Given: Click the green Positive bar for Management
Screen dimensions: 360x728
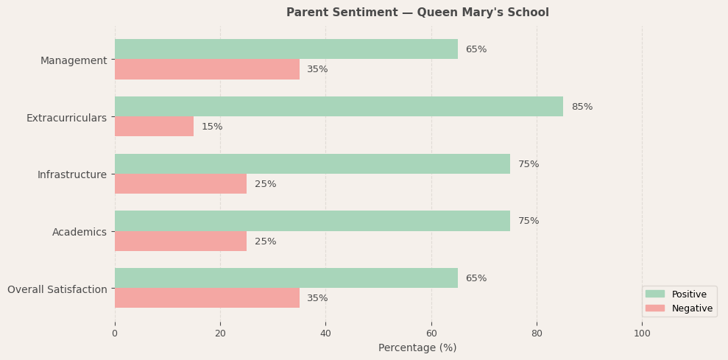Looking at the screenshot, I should [286, 49].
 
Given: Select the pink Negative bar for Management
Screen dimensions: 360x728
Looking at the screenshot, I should [207, 69].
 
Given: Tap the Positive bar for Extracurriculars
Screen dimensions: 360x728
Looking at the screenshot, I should [339, 107].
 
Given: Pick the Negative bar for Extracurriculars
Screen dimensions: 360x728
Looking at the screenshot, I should [154, 127].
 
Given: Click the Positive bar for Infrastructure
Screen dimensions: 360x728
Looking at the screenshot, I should [312, 164].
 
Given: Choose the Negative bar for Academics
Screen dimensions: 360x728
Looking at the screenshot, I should [180, 241].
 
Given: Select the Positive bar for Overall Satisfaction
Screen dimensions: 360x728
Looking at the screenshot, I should [286, 278].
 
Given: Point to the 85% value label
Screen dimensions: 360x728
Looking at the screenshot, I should [582, 107].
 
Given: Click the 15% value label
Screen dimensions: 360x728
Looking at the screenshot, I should [212, 127].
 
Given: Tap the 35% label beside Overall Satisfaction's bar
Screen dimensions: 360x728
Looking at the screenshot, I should [317, 298].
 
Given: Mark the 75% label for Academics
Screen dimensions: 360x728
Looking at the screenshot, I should [529, 221].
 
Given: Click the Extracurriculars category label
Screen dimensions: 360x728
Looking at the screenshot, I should [66, 118].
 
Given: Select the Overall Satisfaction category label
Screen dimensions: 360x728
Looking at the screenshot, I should [57, 289].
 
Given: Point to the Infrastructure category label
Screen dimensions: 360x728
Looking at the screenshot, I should [72, 174].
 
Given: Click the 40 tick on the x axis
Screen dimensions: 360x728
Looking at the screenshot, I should [325, 333].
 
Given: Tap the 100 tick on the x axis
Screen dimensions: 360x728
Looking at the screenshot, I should [642, 333].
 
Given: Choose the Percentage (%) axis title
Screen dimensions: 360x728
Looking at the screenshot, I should [417, 347].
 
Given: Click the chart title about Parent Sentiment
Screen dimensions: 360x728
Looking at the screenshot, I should [417, 13].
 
